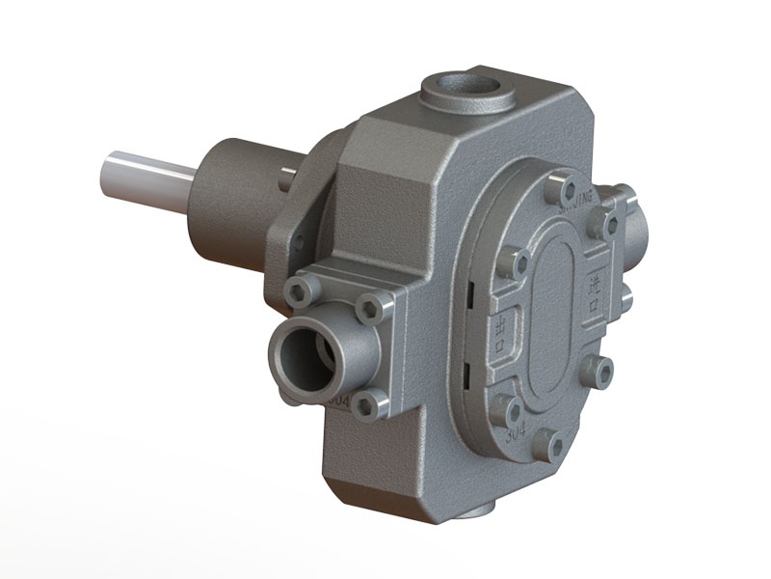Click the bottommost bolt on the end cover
tap(554, 443)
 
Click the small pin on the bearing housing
tap(282, 178)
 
